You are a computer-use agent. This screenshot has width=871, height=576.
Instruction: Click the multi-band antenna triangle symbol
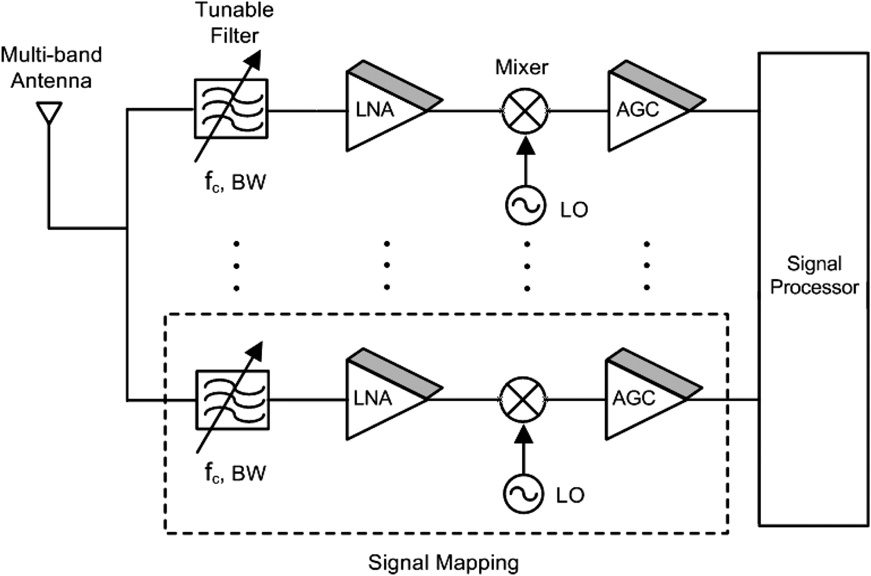click(49, 113)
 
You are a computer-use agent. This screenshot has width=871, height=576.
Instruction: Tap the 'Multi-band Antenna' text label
click(51, 67)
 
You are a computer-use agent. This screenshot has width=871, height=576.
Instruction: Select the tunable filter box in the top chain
click(231, 108)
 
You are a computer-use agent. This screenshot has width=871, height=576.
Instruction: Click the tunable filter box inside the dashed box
click(232, 399)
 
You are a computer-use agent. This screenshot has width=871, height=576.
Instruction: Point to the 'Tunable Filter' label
click(235, 22)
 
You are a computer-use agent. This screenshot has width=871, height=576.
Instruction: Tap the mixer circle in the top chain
click(526, 110)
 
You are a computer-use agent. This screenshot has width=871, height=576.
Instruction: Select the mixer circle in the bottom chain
click(523, 399)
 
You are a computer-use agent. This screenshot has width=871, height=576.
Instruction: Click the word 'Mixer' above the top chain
click(522, 67)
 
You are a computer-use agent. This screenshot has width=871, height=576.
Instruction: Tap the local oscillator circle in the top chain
click(525, 206)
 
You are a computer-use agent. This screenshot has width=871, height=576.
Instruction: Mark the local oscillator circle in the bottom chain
click(523, 494)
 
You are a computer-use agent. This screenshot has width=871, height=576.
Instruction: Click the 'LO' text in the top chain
click(574, 210)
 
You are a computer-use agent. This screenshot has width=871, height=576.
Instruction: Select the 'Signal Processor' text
click(814, 275)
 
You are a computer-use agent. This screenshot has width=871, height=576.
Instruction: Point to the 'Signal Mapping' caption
click(444, 562)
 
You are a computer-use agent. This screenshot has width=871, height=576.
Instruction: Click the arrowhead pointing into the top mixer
click(526, 144)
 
